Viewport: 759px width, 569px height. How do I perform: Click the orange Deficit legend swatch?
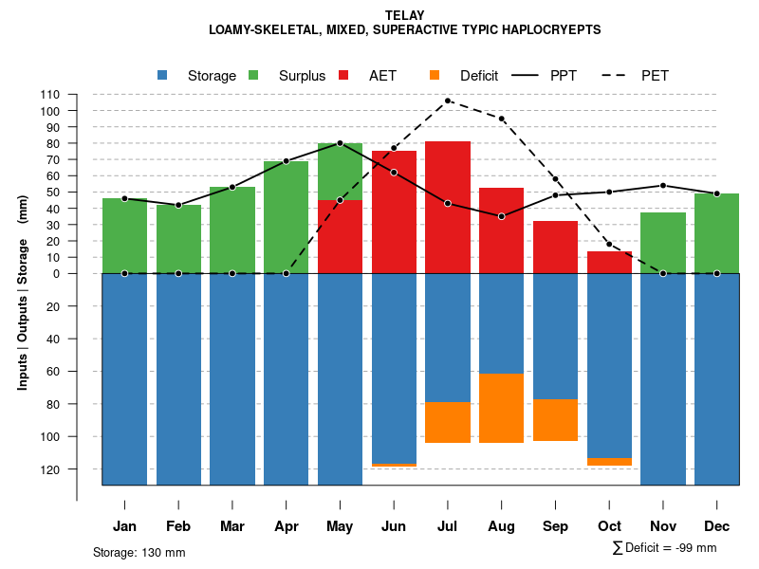click(x=435, y=75)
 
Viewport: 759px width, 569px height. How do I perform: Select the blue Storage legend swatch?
click(x=162, y=75)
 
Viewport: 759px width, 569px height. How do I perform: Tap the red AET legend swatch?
click(x=343, y=75)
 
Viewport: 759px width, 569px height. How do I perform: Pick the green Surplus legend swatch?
click(x=253, y=75)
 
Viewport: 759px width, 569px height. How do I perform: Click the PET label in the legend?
click(x=655, y=76)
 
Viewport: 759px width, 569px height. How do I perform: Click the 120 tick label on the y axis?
click(x=51, y=469)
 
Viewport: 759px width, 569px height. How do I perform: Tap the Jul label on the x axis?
click(x=448, y=526)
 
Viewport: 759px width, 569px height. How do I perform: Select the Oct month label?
click(x=609, y=526)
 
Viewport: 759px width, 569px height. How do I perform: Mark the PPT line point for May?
click(x=340, y=143)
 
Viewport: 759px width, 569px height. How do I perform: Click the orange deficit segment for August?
click(x=502, y=408)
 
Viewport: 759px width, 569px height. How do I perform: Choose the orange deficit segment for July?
click(x=448, y=422)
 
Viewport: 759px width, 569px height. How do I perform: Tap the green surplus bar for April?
click(x=286, y=217)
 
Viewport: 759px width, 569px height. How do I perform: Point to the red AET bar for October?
click(x=609, y=262)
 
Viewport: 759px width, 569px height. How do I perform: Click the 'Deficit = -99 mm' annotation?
click(x=665, y=548)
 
